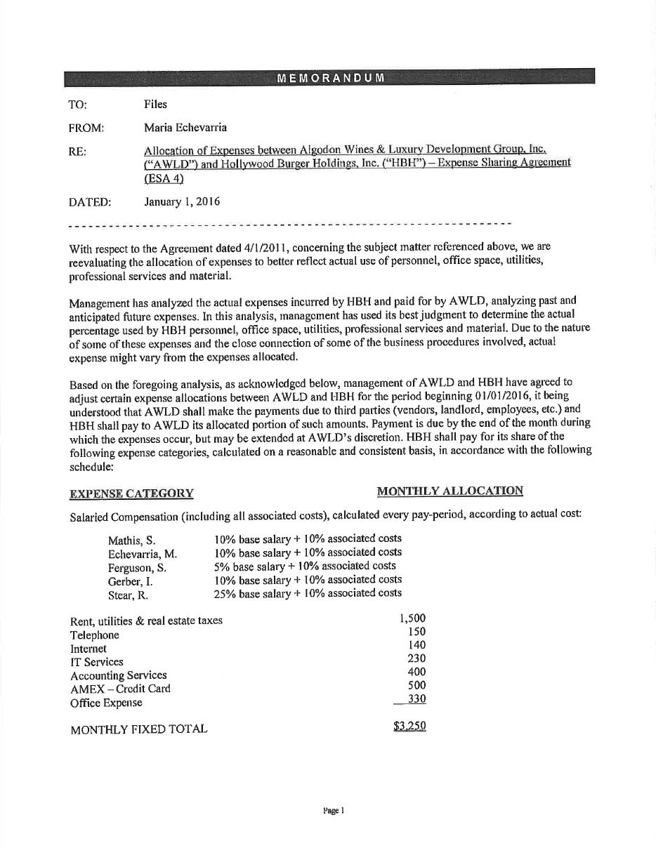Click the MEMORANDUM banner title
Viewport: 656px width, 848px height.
point(330,77)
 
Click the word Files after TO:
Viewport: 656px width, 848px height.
point(156,105)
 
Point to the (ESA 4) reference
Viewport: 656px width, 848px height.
point(164,178)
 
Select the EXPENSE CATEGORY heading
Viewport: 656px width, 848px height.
point(131,493)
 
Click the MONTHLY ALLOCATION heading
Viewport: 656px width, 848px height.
point(450,491)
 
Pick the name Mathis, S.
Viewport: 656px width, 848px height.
point(131,541)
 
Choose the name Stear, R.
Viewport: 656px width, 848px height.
point(128,595)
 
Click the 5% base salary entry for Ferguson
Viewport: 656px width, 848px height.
point(305,566)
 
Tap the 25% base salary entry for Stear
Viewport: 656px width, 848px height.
point(308,593)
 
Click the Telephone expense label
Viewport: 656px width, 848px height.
point(95,635)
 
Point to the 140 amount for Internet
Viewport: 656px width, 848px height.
point(416,645)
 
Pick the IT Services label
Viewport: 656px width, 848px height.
point(97,662)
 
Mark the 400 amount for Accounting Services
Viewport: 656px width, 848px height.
point(416,672)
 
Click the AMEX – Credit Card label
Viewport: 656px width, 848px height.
point(120,689)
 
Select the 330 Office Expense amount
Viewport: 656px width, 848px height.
point(416,699)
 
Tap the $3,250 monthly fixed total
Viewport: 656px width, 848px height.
point(409,727)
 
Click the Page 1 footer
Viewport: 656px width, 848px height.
point(334,811)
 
